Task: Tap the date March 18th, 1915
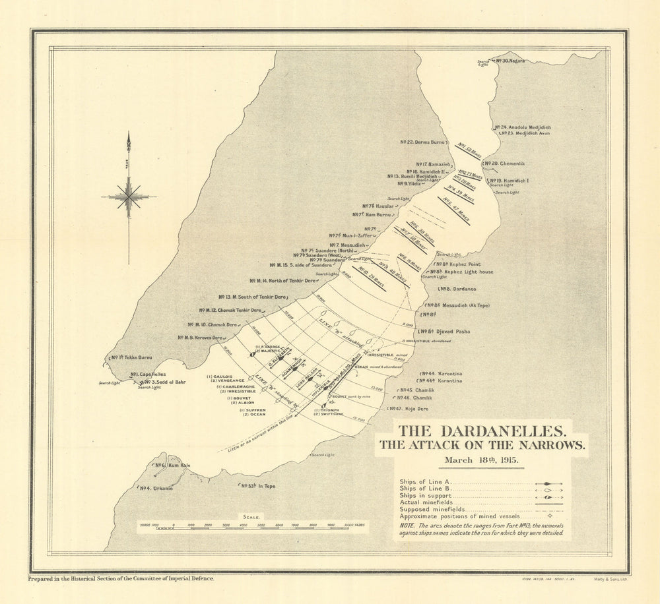(x=481, y=460)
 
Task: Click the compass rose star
(x=129, y=196)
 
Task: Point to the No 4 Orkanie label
(x=155, y=488)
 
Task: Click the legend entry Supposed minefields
(x=429, y=509)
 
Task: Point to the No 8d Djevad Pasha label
(x=448, y=331)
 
